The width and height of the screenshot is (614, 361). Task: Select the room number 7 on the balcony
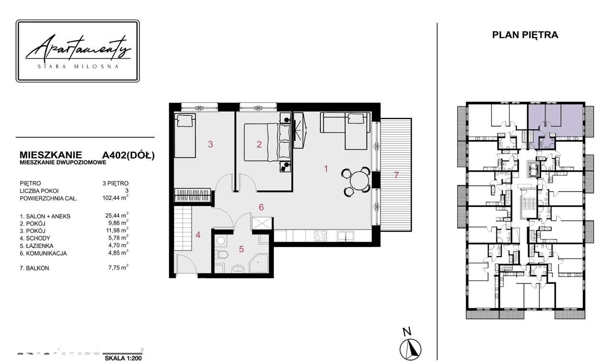(396, 175)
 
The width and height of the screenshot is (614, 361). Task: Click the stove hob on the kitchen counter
(320, 236)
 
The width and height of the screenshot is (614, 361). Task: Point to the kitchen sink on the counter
(345, 236)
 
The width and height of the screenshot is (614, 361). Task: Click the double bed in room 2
(267, 142)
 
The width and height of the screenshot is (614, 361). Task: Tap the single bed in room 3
(185, 135)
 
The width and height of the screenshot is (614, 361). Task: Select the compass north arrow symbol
(410, 349)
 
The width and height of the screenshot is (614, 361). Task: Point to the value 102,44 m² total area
(116, 197)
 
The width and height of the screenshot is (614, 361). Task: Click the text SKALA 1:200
(123, 358)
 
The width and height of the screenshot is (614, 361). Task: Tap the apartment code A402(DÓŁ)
(128, 155)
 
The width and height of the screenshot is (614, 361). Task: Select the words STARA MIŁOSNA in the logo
(78, 67)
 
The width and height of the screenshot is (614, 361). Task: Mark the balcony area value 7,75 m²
(118, 268)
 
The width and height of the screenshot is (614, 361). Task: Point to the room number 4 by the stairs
(198, 235)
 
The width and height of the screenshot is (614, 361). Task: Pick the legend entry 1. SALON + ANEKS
(45, 216)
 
